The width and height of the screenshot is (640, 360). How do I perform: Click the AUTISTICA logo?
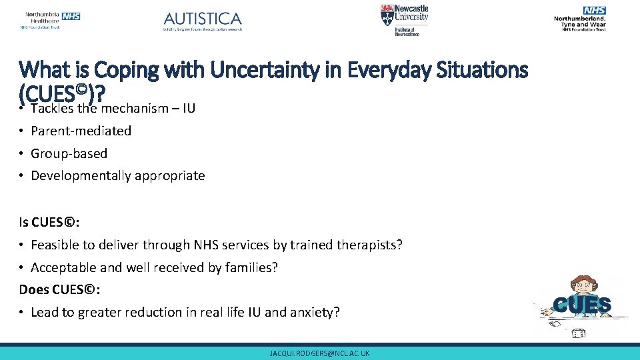click(203, 21)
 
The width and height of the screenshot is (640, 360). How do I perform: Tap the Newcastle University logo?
click(405, 20)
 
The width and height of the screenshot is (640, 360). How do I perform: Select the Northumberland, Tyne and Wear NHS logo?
click(579, 19)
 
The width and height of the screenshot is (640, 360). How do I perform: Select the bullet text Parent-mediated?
click(81, 131)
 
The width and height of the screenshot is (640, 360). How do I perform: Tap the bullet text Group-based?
click(69, 153)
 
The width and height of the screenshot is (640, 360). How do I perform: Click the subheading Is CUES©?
click(44, 223)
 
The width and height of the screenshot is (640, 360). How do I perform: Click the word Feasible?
click(55, 245)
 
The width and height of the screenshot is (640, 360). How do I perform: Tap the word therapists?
click(369, 245)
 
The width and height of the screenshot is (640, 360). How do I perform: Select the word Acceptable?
click(63, 267)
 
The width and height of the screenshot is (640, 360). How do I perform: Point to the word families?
click(251, 267)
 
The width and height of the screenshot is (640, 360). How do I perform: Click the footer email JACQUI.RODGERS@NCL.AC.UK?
click(319, 353)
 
